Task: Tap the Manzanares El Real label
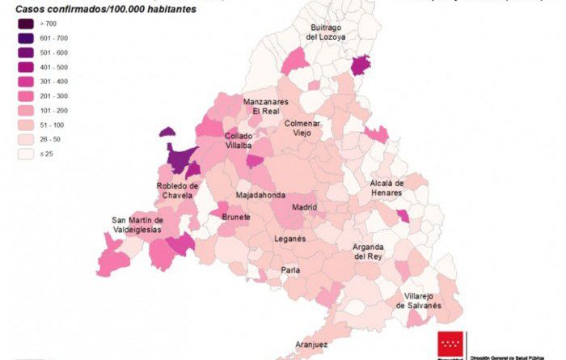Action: click(x=265, y=106)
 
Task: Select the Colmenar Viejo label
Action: click(x=302, y=128)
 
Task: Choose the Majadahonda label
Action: click(x=260, y=196)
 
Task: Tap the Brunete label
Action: click(x=236, y=218)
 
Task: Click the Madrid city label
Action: click(x=305, y=207)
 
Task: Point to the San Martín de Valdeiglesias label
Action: click(x=137, y=225)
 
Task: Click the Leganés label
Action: click(x=289, y=239)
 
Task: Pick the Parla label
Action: click(x=290, y=270)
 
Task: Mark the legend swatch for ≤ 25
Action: click(x=27, y=153)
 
